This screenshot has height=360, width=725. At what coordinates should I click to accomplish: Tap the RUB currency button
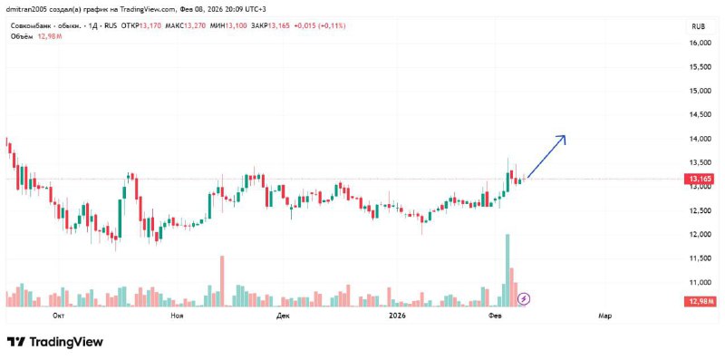coord(698,27)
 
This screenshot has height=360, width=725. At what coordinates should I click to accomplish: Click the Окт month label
coord(58,316)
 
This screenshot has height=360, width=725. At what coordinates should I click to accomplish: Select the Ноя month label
coord(177,316)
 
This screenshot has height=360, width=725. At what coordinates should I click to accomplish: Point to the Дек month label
coord(282,316)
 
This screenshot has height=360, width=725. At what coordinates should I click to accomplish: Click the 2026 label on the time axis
coord(397,316)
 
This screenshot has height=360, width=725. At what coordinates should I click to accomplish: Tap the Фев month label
coord(494,316)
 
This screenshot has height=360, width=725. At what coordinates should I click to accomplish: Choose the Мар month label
coord(604,316)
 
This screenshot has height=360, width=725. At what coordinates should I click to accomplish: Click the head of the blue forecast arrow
coord(565,136)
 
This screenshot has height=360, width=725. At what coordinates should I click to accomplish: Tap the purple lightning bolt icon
coord(524,299)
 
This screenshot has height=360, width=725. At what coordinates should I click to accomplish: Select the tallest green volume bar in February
coord(507,270)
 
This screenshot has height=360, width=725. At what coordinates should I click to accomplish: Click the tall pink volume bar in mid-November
coord(222,281)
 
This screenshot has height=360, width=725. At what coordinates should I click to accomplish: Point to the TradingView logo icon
coord(16,343)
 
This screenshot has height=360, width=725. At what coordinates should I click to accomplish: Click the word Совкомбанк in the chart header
coord(26,26)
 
